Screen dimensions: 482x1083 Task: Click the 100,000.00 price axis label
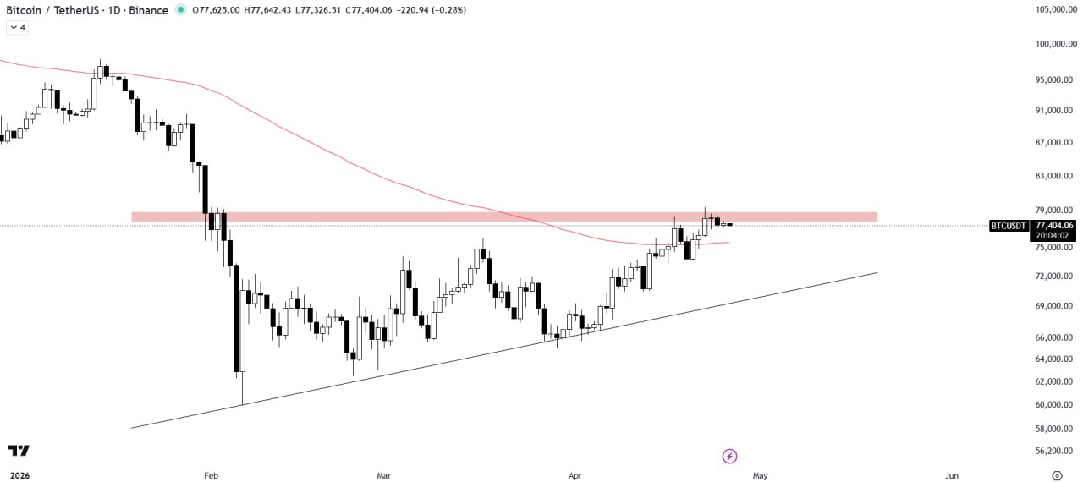click(1054, 44)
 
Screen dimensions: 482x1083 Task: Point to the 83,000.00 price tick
click(1054, 176)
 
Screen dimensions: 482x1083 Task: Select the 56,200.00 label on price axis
click(1054, 452)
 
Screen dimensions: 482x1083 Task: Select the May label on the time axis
click(760, 475)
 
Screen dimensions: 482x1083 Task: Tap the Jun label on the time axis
click(952, 475)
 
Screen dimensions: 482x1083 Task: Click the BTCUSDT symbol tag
click(1009, 226)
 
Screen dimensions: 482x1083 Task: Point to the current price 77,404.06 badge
click(1054, 226)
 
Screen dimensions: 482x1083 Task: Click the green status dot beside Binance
click(180, 9)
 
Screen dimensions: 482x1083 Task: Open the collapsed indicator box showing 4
click(17, 27)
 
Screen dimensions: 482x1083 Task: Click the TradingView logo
click(19, 451)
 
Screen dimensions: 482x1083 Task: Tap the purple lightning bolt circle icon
click(729, 456)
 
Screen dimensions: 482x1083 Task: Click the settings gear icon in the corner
click(1057, 475)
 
